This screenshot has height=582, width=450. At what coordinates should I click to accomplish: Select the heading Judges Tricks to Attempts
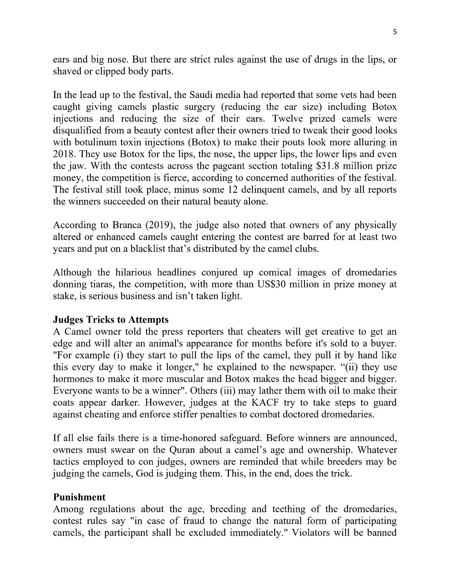click(111, 320)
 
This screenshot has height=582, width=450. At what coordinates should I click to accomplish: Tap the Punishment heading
click(79, 497)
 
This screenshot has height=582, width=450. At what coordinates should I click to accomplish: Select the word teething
click(289, 509)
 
